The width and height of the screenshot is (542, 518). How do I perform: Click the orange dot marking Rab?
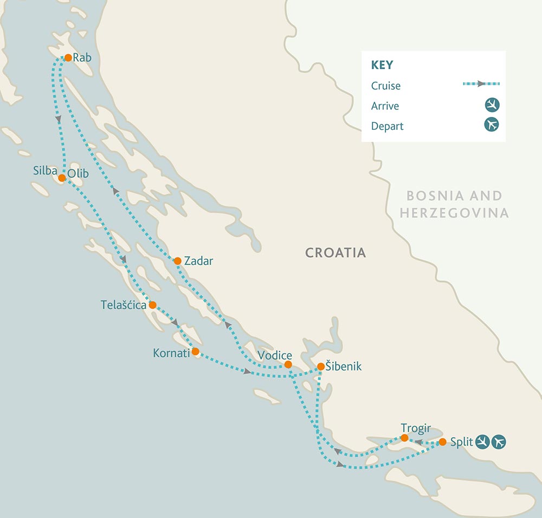(x=68, y=57)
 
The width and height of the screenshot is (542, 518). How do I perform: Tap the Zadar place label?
(x=198, y=261)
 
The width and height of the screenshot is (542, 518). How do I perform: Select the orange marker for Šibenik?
(x=321, y=366)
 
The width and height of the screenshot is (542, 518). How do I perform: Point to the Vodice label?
(x=275, y=356)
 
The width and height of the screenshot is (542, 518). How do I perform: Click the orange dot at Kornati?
(x=196, y=351)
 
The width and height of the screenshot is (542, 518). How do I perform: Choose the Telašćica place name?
(x=124, y=305)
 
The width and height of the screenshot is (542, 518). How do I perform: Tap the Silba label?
(x=45, y=172)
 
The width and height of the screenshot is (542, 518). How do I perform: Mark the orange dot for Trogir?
(x=404, y=437)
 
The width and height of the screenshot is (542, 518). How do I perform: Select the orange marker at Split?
(x=442, y=442)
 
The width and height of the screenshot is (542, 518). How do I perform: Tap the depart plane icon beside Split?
(x=499, y=442)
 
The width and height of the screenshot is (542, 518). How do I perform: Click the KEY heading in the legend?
(x=382, y=65)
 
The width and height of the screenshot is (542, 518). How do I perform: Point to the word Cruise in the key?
(x=386, y=86)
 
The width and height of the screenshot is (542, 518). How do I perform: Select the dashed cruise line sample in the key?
(x=481, y=84)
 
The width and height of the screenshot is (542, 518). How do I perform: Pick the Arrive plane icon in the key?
(x=492, y=105)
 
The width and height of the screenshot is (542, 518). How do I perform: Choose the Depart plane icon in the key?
(x=492, y=125)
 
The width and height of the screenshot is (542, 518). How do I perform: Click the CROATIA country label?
(x=335, y=253)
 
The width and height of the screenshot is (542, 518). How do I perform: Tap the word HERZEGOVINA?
(x=454, y=213)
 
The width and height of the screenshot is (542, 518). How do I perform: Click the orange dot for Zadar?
(x=177, y=261)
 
